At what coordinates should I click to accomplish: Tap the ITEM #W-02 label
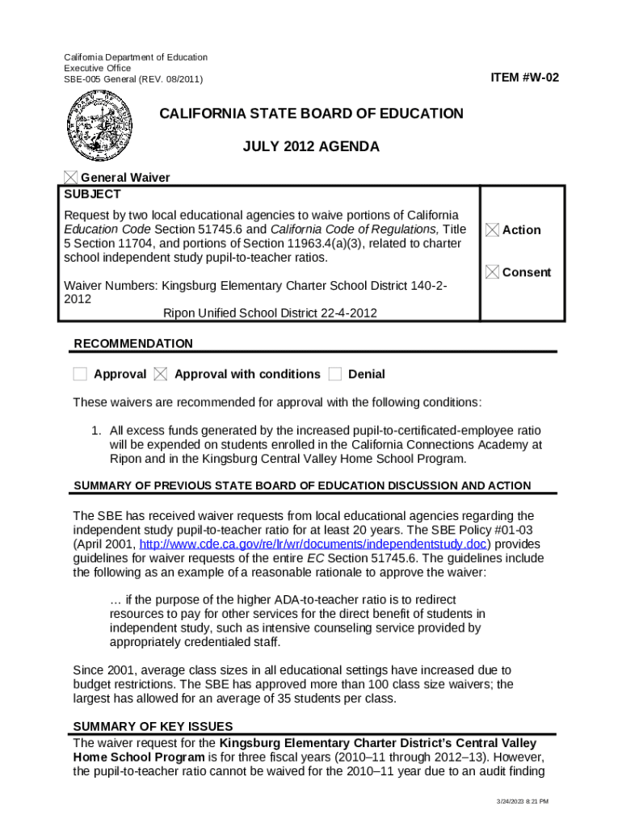(x=524, y=78)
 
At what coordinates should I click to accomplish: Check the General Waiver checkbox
(x=71, y=178)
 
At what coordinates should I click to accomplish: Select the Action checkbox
(x=492, y=230)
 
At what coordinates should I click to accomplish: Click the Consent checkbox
(x=492, y=272)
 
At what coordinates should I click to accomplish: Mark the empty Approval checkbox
(x=80, y=374)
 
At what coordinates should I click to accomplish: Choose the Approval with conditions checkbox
(x=161, y=374)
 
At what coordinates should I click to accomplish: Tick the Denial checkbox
(x=334, y=374)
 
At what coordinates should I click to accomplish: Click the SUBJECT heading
(x=92, y=195)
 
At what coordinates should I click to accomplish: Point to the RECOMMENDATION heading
(x=133, y=343)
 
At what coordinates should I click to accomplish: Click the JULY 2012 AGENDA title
(x=311, y=147)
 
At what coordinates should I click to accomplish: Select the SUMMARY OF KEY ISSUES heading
(x=153, y=726)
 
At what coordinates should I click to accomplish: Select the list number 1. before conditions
(x=95, y=430)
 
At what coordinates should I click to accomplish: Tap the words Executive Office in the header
(x=97, y=69)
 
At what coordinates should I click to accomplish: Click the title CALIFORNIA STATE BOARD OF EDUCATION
(x=311, y=114)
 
